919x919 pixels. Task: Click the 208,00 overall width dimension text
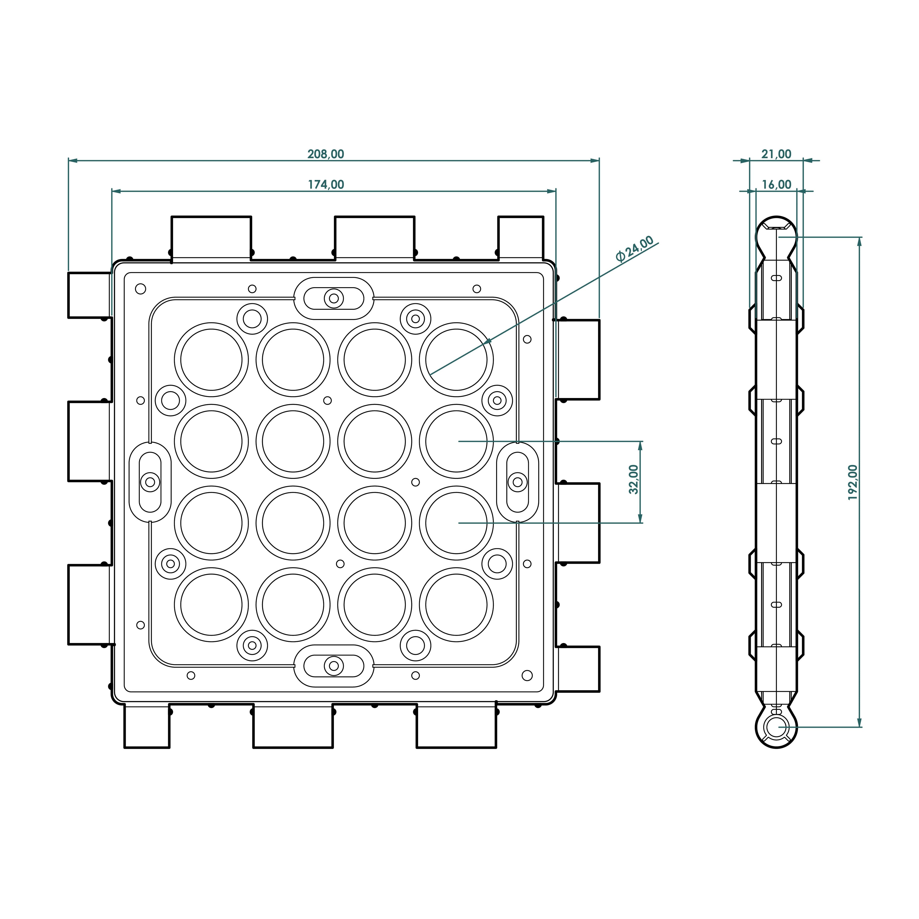tap(326, 154)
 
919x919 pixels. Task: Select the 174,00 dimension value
tap(326, 185)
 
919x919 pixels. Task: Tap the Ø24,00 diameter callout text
tap(634, 249)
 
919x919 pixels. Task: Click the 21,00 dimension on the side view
tap(776, 154)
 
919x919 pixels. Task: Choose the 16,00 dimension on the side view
tap(776, 185)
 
